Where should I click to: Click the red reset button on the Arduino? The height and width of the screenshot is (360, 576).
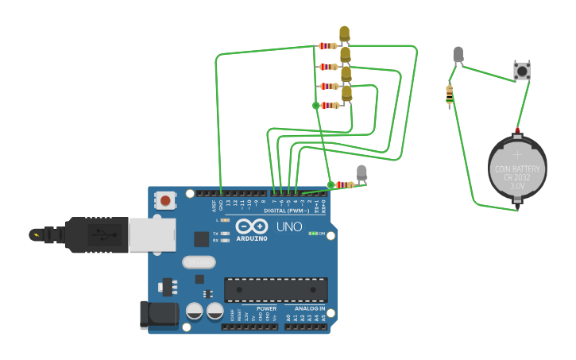click(x=165, y=200)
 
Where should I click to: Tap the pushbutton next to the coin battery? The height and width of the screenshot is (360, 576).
click(x=522, y=71)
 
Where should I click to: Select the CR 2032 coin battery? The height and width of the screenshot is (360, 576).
click(x=517, y=169)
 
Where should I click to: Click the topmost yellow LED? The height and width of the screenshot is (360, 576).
click(x=344, y=34)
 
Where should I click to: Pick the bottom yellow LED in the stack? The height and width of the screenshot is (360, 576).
click(x=346, y=95)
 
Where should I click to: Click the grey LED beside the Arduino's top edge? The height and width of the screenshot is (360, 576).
click(x=361, y=172)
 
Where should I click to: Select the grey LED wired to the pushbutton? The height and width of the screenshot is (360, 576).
click(x=458, y=55)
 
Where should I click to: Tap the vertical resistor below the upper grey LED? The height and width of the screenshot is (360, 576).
click(x=450, y=96)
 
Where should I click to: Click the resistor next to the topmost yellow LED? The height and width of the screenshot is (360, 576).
click(x=327, y=46)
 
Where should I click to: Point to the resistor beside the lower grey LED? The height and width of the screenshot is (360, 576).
click(x=345, y=184)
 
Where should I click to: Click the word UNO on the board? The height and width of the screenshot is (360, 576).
click(x=289, y=226)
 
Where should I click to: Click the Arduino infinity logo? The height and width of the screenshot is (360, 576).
click(x=250, y=226)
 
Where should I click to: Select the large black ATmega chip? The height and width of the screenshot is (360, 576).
click(x=276, y=289)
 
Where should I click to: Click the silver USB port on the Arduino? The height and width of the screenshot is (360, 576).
click(x=151, y=235)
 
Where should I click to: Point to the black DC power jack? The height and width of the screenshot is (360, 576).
click(x=158, y=315)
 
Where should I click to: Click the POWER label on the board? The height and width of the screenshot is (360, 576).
click(x=266, y=308)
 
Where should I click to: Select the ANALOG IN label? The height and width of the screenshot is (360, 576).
click(x=310, y=308)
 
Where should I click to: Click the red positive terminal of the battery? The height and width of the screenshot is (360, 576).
click(x=518, y=130)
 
